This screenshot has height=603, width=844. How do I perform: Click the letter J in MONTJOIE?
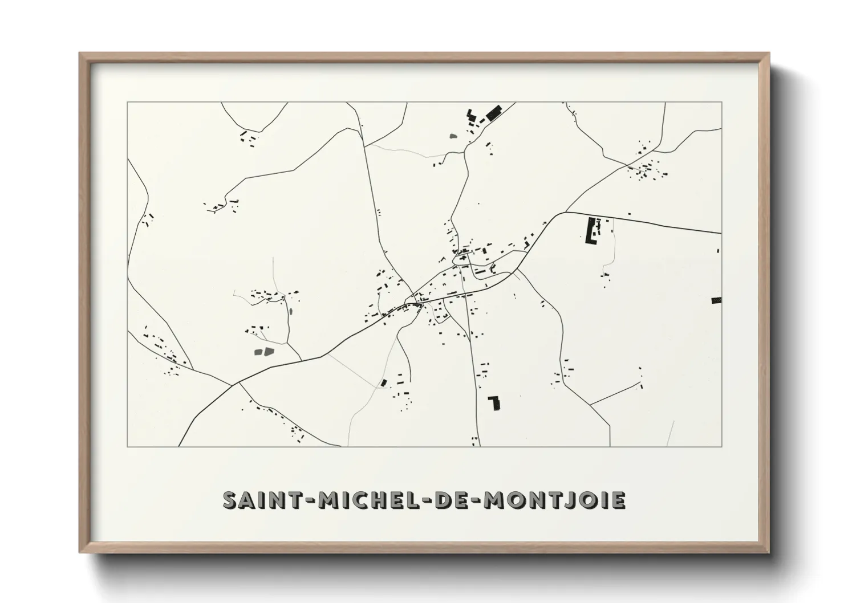(573, 500)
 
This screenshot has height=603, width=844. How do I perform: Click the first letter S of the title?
(230, 500)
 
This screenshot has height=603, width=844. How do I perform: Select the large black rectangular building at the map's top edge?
(493, 112)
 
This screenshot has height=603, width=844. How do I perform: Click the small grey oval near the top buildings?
(453, 136)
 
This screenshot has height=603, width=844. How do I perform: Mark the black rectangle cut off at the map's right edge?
(716, 300)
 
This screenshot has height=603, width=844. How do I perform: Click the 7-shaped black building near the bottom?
(496, 402)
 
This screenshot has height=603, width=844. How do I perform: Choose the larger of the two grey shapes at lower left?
(267, 351)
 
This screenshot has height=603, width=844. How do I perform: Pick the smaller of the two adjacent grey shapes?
(257, 352)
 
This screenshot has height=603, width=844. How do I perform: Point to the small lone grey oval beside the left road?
(290, 312)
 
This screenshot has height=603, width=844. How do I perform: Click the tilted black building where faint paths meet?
(384, 382)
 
